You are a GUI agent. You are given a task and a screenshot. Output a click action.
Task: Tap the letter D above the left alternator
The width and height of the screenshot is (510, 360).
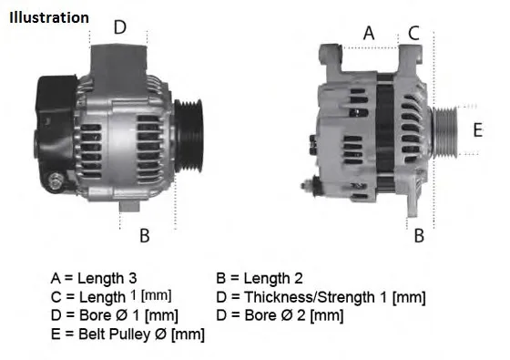click(119, 27)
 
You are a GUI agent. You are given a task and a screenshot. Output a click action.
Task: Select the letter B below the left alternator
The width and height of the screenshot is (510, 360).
click(144, 236)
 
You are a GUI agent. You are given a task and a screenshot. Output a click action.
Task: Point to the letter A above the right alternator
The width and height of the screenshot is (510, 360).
click(369, 33)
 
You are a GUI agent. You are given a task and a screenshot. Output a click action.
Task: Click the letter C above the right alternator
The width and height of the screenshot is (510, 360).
click(413, 33)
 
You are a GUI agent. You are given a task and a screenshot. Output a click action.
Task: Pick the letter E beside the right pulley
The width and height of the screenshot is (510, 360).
click(477, 129)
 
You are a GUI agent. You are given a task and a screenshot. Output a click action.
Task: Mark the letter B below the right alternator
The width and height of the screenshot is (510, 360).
click(419, 236)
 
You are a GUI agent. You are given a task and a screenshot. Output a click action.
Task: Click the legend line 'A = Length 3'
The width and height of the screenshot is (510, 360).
click(97, 278)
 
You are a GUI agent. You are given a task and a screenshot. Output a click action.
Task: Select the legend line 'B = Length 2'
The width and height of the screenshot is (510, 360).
click(259, 278)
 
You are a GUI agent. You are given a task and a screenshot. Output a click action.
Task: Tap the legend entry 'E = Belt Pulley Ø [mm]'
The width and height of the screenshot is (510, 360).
click(127, 334)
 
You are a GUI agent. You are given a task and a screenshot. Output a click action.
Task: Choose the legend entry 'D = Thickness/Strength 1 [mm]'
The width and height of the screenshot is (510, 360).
click(321, 297)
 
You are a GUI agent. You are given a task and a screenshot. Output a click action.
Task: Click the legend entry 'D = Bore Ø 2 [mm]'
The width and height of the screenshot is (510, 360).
click(280, 315)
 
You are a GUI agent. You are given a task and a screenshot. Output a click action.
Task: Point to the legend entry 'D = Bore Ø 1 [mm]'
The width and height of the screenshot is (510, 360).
click(115, 315)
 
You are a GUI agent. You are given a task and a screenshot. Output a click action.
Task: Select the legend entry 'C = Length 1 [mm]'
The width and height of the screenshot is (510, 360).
click(111, 297)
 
